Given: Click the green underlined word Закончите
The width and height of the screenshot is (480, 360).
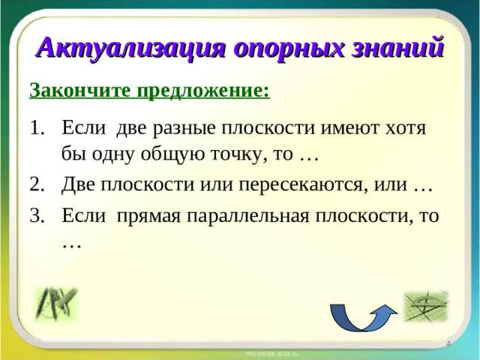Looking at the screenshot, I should [81, 91].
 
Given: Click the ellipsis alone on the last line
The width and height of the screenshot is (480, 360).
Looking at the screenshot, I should [72, 244].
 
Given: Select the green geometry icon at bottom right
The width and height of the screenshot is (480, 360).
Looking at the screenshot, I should [425, 306].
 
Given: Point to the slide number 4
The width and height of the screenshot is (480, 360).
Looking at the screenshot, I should [448, 343].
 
